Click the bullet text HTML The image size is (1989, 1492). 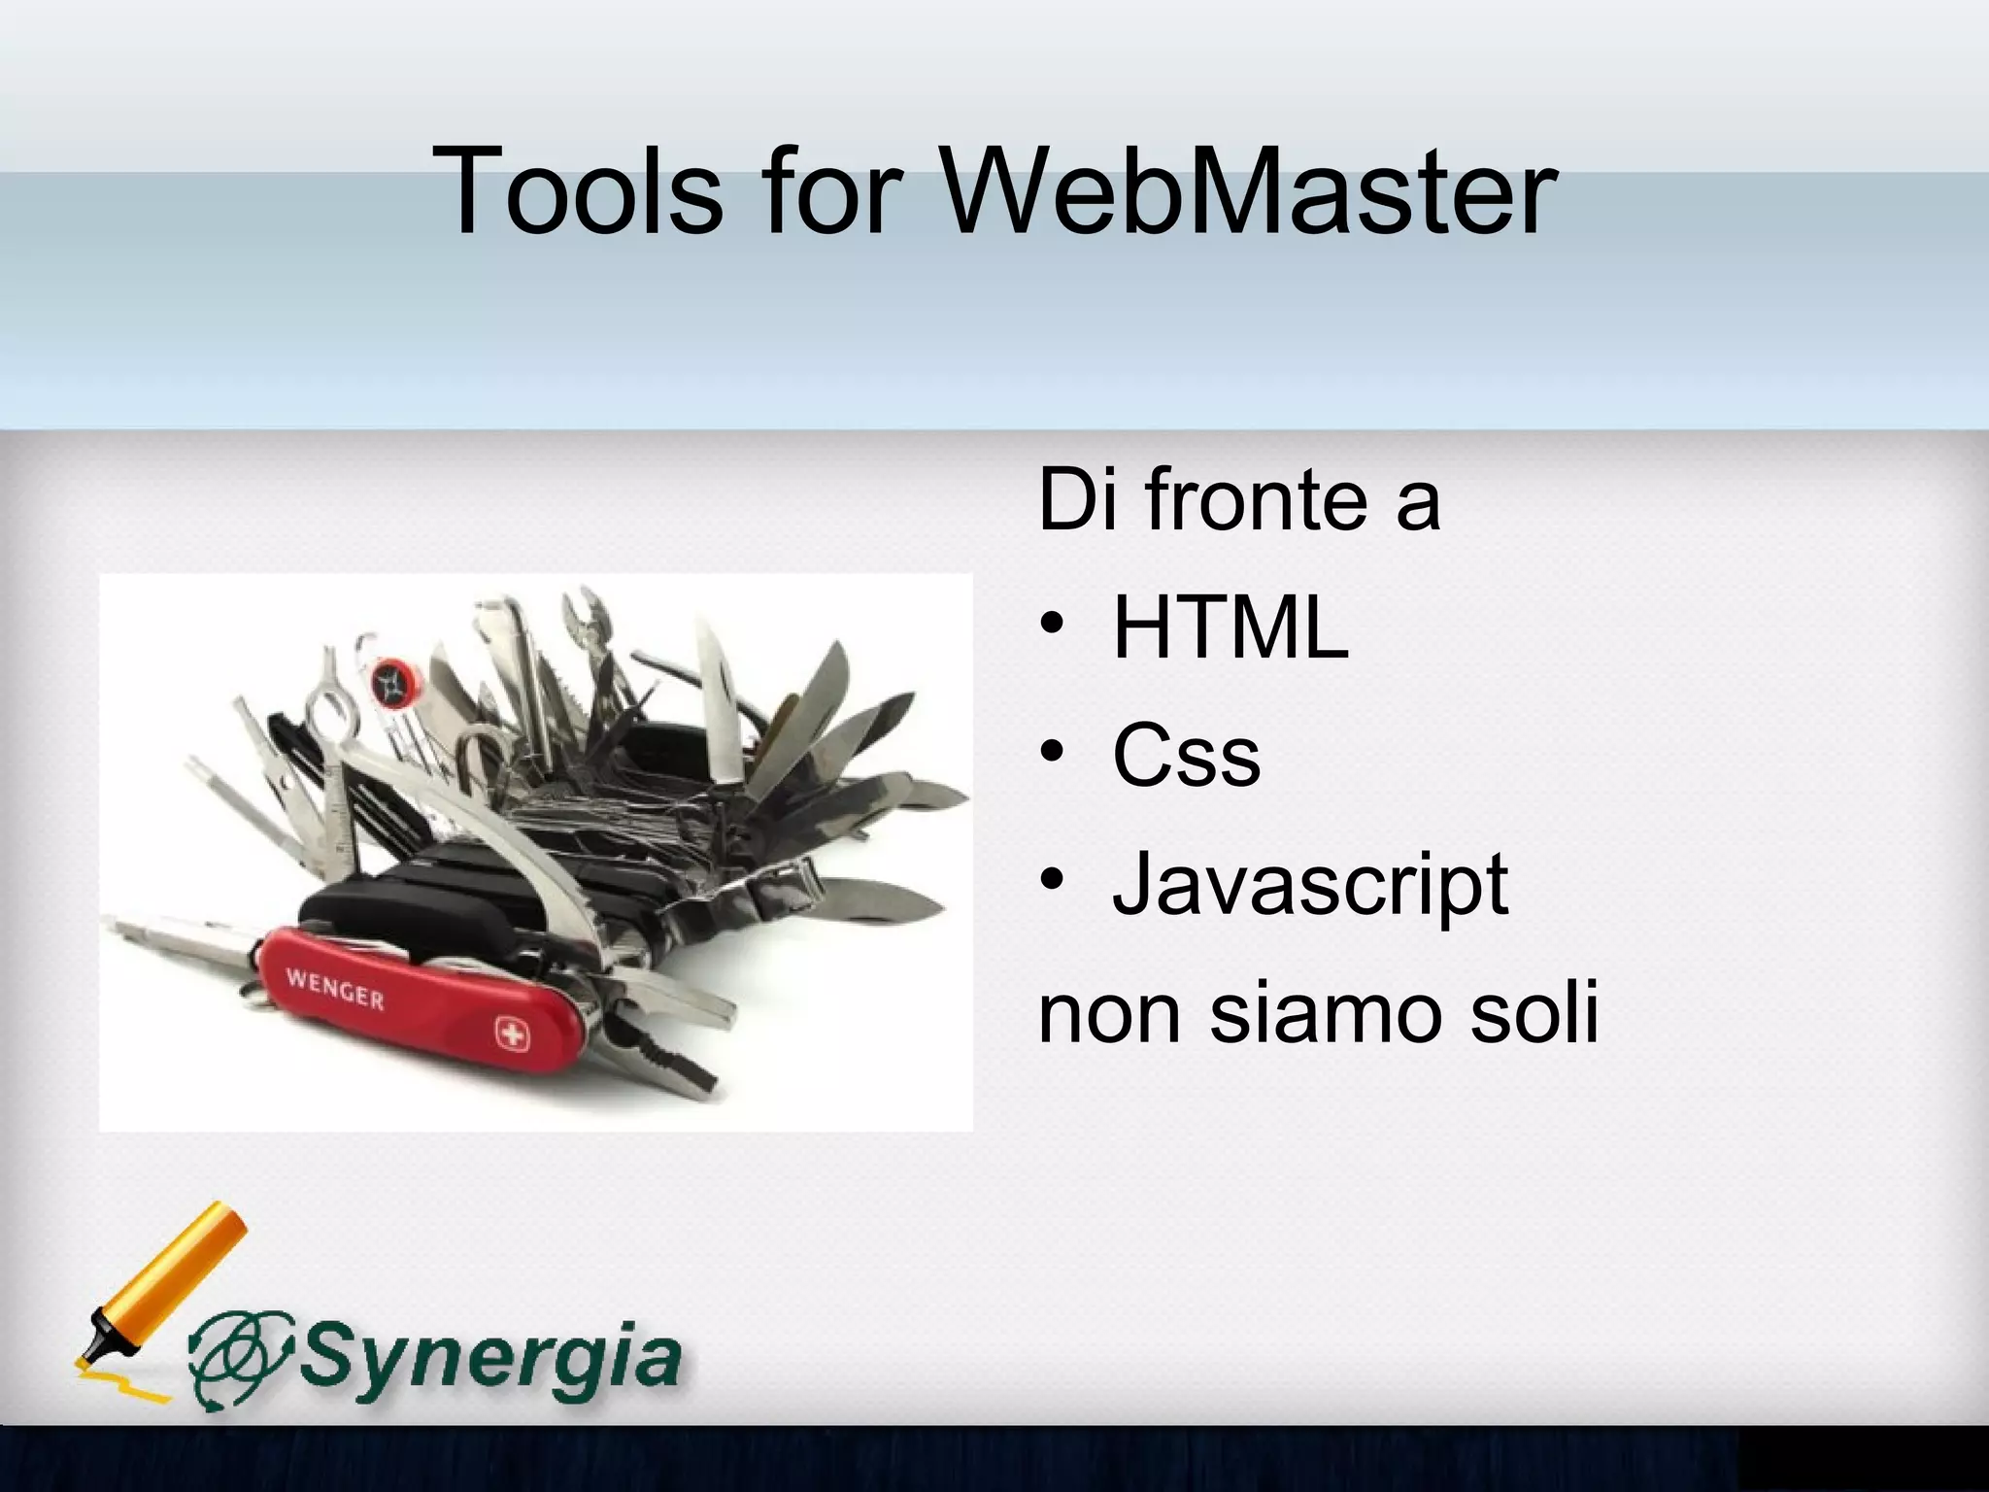coord(1230,628)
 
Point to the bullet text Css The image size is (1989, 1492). coord(1186,757)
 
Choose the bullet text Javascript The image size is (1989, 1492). coord(1310,885)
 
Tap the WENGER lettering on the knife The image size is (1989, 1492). coord(334,988)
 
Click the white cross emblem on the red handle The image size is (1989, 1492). coord(509,1034)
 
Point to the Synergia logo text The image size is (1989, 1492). coord(490,1356)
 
